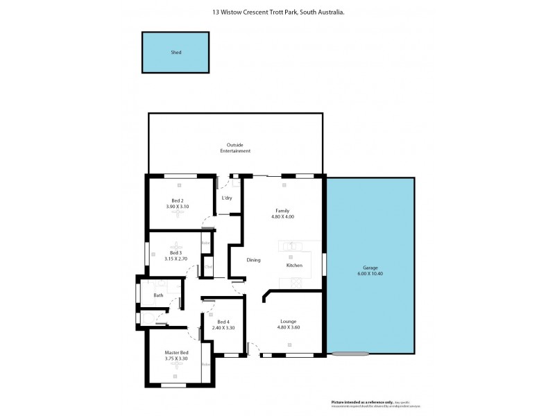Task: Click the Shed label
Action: click(x=176, y=53)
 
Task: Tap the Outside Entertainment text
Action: click(x=234, y=148)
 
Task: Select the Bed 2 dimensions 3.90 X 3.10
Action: click(x=177, y=207)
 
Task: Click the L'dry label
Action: click(x=226, y=198)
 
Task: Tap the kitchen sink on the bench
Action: click(x=291, y=245)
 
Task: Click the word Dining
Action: click(x=253, y=260)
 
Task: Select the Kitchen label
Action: click(x=294, y=266)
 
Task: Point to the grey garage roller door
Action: click(x=342, y=354)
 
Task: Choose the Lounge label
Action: click(x=289, y=321)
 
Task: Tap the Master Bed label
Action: click(x=176, y=353)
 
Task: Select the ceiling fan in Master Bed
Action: click(x=176, y=368)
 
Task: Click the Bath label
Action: click(x=158, y=295)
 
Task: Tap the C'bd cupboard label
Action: click(x=207, y=266)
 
